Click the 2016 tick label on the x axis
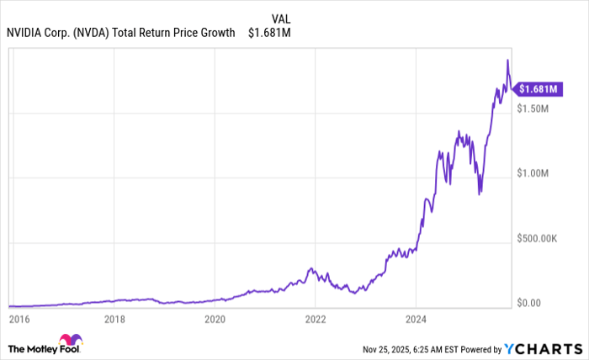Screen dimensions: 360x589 19,319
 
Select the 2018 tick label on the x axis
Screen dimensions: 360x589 115,319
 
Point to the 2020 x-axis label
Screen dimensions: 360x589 215,319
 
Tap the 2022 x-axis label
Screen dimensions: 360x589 315,319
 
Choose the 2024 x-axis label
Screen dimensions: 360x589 415,319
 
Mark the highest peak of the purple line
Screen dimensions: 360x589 507,60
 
